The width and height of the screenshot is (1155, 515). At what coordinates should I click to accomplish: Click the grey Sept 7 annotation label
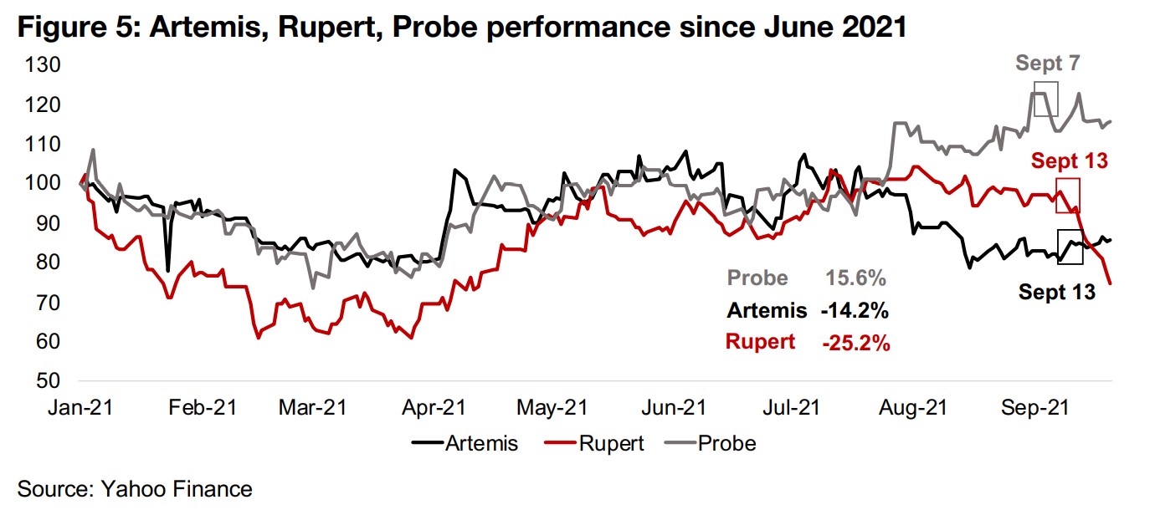[1047, 64]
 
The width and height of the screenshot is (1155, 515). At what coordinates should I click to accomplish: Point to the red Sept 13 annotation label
[1069, 161]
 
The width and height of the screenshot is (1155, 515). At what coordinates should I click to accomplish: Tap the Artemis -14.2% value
[855, 311]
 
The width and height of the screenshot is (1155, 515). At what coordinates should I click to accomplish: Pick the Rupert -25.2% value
[855, 343]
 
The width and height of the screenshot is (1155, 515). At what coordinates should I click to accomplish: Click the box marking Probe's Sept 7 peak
[1045, 99]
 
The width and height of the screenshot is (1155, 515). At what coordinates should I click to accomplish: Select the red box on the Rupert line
[1068, 195]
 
